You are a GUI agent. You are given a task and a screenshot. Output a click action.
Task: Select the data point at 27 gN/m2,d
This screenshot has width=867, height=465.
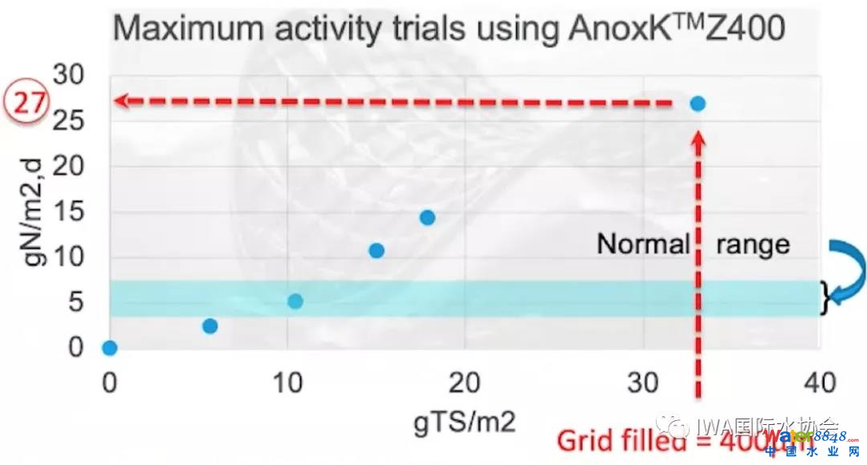[698, 103]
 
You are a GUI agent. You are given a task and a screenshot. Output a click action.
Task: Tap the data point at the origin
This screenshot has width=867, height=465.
[109, 348]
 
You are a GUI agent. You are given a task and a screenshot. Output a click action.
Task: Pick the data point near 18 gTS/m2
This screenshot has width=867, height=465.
[427, 217]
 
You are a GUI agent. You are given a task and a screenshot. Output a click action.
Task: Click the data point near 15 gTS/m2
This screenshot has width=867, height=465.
[376, 251]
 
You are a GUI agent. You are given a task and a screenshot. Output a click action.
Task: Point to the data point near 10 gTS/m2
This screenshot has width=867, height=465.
[295, 301]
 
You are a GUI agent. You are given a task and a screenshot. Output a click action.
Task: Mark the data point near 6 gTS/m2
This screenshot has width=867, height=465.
[210, 325]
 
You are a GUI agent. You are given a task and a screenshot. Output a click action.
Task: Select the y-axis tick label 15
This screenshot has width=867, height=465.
[67, 212]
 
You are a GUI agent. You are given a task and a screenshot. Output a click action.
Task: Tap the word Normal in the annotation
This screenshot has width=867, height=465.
[643, 244]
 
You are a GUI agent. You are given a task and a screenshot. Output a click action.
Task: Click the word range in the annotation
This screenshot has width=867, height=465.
[753, 244]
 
